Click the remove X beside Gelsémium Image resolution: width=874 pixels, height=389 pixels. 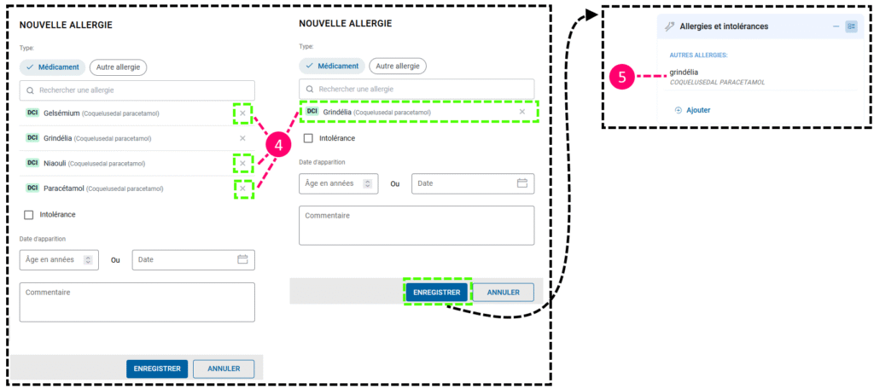coord(242,113)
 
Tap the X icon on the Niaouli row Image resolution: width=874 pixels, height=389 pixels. coord(242,163)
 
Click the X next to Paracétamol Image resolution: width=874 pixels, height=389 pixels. coord(242,189)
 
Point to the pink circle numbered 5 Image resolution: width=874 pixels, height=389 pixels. coord(621,77)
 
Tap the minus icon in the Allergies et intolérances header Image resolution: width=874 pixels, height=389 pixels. coord(836,26)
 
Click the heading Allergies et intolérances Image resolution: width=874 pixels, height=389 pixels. coord(724,26)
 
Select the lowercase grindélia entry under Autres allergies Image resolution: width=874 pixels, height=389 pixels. coord(685,72)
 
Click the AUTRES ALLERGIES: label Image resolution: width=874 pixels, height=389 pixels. coord(697,55)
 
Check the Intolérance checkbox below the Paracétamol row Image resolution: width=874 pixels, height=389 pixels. coord(28,215)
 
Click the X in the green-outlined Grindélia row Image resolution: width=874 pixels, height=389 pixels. coord(522,112)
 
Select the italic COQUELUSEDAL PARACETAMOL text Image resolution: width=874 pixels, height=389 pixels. coord(717,83)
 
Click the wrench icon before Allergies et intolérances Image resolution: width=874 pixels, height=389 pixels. coord(669,26)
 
